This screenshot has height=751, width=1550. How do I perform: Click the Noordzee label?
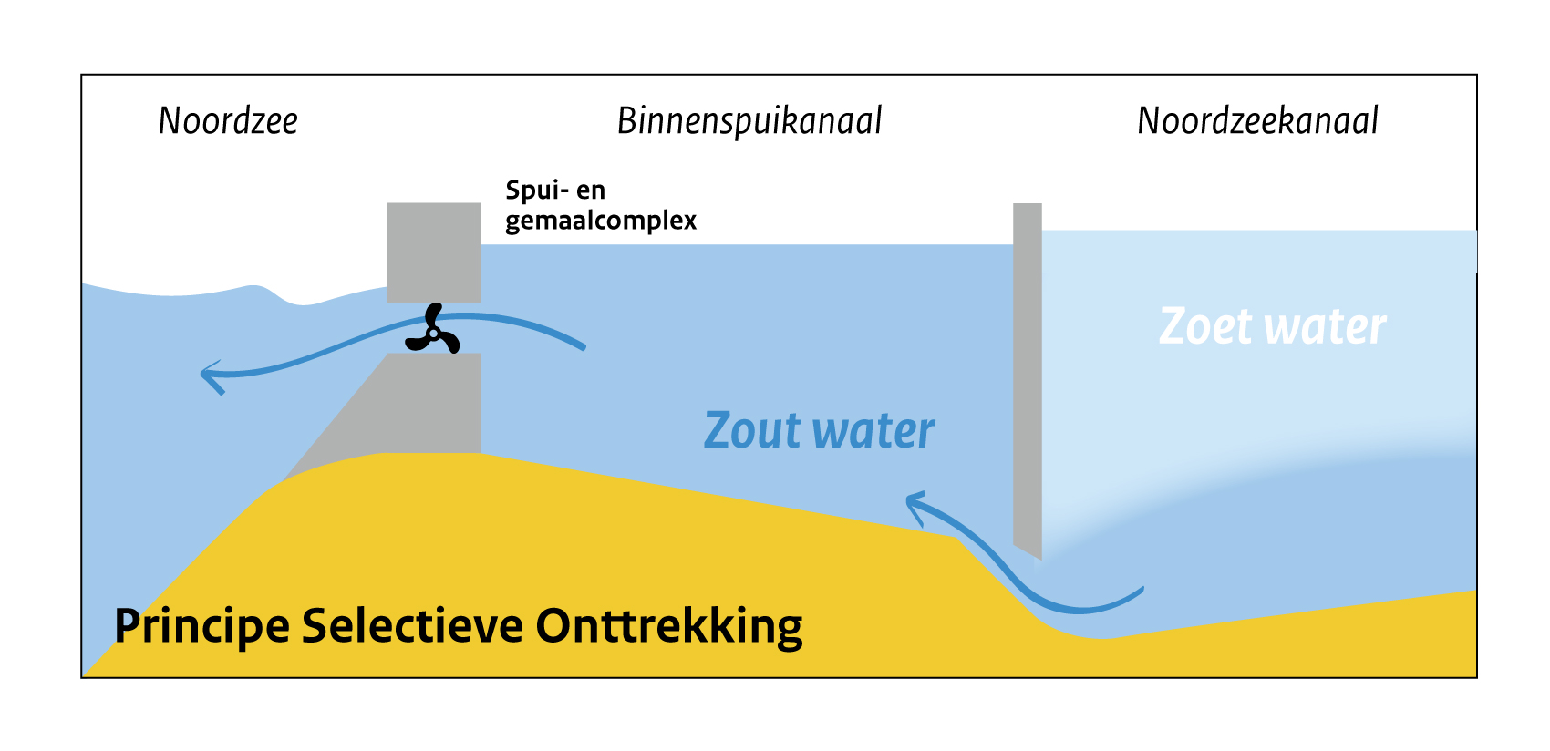coord(228,121)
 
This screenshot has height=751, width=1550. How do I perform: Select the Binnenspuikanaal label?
coord(749,121)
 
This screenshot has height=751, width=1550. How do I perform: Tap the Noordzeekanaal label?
coord(1257,121)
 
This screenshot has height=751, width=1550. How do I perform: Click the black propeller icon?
coord(433,331)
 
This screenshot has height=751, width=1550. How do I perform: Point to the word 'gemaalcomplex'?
coord(601,221)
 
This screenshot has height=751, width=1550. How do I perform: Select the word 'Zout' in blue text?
coord(752,431)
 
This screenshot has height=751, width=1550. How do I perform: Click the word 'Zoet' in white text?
coord(1204,326)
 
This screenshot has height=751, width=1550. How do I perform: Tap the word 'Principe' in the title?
coord(201,627)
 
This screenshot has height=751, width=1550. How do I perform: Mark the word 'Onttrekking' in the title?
coord(668,627)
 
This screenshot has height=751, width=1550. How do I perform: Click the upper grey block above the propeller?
coord(434,252)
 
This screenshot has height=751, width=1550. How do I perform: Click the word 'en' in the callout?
coord(591,190)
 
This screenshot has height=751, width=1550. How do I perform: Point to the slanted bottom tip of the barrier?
coord(1030,550)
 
